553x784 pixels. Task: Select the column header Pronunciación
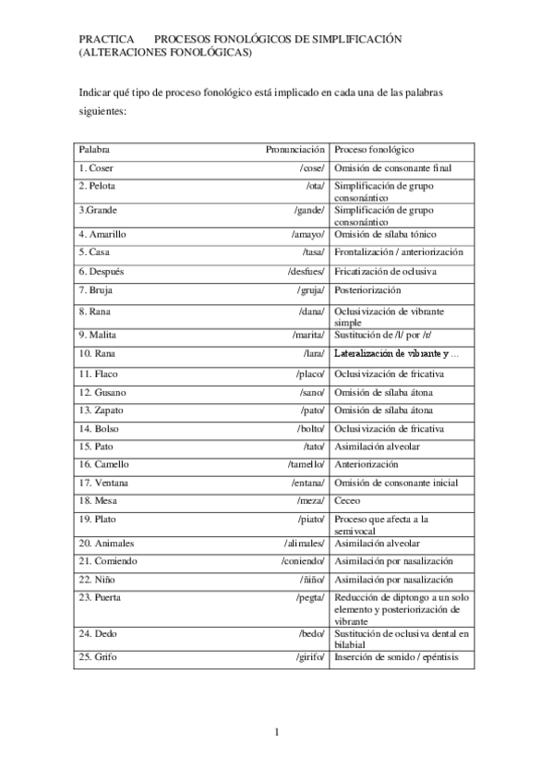[x=295, y=149]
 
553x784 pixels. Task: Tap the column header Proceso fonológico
[x=374, y=149]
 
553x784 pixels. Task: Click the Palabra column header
[x=95, y=149]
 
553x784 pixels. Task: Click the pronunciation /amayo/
[x=308, y=234]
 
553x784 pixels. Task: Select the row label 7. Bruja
[x=97, y=290]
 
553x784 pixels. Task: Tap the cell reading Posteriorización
[x=367, y=290]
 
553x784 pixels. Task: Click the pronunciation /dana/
[x=312, y=311]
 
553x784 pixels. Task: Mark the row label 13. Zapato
[x=102, y=410]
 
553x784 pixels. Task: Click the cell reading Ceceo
[x=348, y=500]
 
